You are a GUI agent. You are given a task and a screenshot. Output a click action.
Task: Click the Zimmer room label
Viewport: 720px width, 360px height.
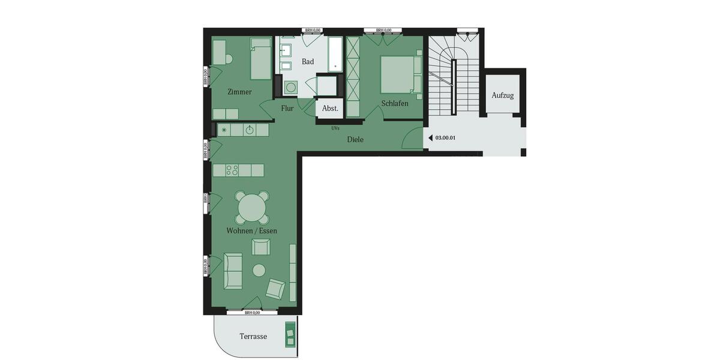(x=239, y=92)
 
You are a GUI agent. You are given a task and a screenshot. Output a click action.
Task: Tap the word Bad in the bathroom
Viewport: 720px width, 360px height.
(x=307, y=62)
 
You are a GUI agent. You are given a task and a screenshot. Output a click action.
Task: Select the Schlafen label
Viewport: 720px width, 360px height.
(x=395, y=104)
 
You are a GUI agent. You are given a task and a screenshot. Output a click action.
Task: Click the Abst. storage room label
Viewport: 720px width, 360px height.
(x=330, y=109)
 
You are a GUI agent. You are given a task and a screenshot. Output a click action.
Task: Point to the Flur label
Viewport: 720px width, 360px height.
(x=287, y=109)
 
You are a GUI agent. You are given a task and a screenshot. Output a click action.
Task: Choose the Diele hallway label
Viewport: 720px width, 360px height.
(x=355, y=140)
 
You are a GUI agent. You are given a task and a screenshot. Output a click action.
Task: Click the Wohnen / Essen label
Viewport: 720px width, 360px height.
(x=251, y=230)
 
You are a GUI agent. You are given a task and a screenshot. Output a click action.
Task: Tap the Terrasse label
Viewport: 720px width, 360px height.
(x=253, y=337)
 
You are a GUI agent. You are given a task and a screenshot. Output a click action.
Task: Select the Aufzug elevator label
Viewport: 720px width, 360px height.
(x=503, y=95)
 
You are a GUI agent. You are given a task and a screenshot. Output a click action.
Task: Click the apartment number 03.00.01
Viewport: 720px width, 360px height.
(x=445, y=138)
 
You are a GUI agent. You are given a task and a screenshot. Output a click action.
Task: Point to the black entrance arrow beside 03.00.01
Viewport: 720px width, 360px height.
(x=430, y=138)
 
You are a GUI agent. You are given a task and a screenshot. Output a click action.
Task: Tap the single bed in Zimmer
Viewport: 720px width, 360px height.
(x=262, y=59)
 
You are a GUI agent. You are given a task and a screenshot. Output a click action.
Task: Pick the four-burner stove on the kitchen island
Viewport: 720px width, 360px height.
(x=233, y=170)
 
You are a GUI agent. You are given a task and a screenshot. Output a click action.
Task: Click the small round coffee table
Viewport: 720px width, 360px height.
(x=259, y=271)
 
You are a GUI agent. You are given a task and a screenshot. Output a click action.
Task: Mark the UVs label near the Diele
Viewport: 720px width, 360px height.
(x=335, y=128)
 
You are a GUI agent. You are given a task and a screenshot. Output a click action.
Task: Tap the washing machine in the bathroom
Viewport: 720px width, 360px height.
(x=291, y=88)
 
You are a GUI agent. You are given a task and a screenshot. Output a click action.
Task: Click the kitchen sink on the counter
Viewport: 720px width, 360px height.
(x=250, y=130)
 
